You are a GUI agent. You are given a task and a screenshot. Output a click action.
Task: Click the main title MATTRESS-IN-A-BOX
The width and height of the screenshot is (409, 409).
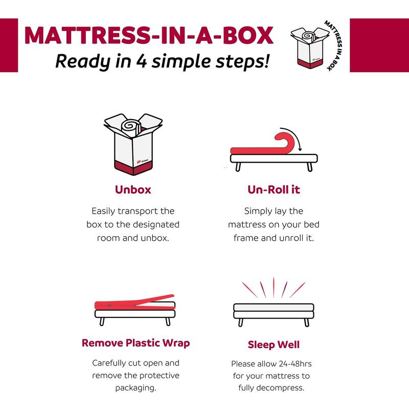pyautogui.click(x=148, y=35)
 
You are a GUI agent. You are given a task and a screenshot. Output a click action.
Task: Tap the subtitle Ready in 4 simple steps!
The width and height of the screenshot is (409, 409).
pyautogui.click(x=163, y=61)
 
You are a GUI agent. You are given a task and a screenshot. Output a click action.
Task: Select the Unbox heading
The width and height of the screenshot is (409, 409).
pyautogui.click(x=133, y=190)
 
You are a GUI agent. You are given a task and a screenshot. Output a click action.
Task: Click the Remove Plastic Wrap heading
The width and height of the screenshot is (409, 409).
pyautogui.click(x=135, y=343)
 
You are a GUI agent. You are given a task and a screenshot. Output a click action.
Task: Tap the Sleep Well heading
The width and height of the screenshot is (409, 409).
pyautogui.click(x=274, y=345)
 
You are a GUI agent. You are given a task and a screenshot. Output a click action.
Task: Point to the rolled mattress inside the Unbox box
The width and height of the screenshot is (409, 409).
pyautogui.click(x=131, y=126)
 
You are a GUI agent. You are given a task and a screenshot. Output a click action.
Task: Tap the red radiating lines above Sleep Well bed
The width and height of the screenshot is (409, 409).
pyautogui.click(x=274, y=287)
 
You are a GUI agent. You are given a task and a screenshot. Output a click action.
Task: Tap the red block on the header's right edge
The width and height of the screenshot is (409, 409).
pyautogui.click(x=379, y=45)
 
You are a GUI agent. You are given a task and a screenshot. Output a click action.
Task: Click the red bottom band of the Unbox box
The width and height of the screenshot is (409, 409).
pyautogui.click(x=133, y=166)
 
